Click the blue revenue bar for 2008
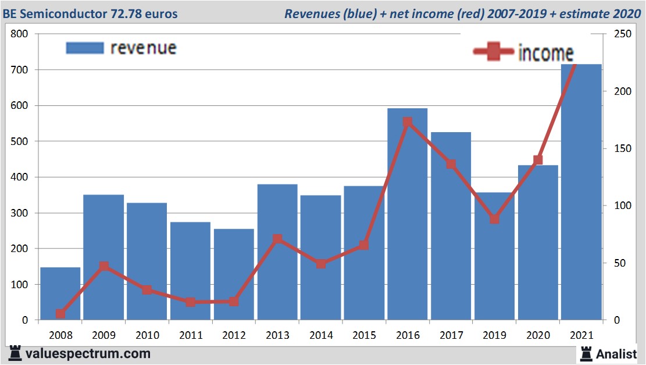tap(60, 293)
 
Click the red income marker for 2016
tap(407, 122)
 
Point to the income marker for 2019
tap(494, 219)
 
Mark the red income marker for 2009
tap(103, 267)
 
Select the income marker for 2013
tap(277, 239)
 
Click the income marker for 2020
tap(538, 160)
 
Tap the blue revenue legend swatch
tap(85, 48)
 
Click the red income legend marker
tap(493, 52)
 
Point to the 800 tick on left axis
tap(20, 34)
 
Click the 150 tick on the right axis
tap(616, 148)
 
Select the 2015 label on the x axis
tap(365, 335)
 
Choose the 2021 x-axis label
tap(581, 335)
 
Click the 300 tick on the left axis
tap(20, 213)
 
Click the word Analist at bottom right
tap(616, 353)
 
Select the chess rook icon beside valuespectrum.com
tap(16, 353)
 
